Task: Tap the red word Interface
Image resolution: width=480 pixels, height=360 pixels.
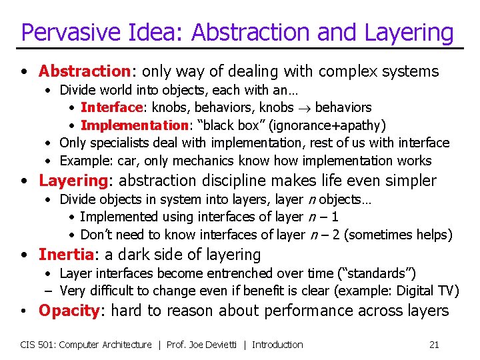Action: tap(111, 107)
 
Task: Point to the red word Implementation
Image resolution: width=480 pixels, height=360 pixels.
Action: tap(133, 125)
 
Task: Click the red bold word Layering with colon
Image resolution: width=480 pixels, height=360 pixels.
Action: tap(73, 181)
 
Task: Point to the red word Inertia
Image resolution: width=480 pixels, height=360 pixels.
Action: tap(64, 255)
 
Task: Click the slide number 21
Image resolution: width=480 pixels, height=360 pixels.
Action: tap(433, 345)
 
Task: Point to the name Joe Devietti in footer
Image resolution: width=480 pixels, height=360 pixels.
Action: tap(213, 345)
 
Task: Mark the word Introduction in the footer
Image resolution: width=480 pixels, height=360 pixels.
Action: tap(277, 345)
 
